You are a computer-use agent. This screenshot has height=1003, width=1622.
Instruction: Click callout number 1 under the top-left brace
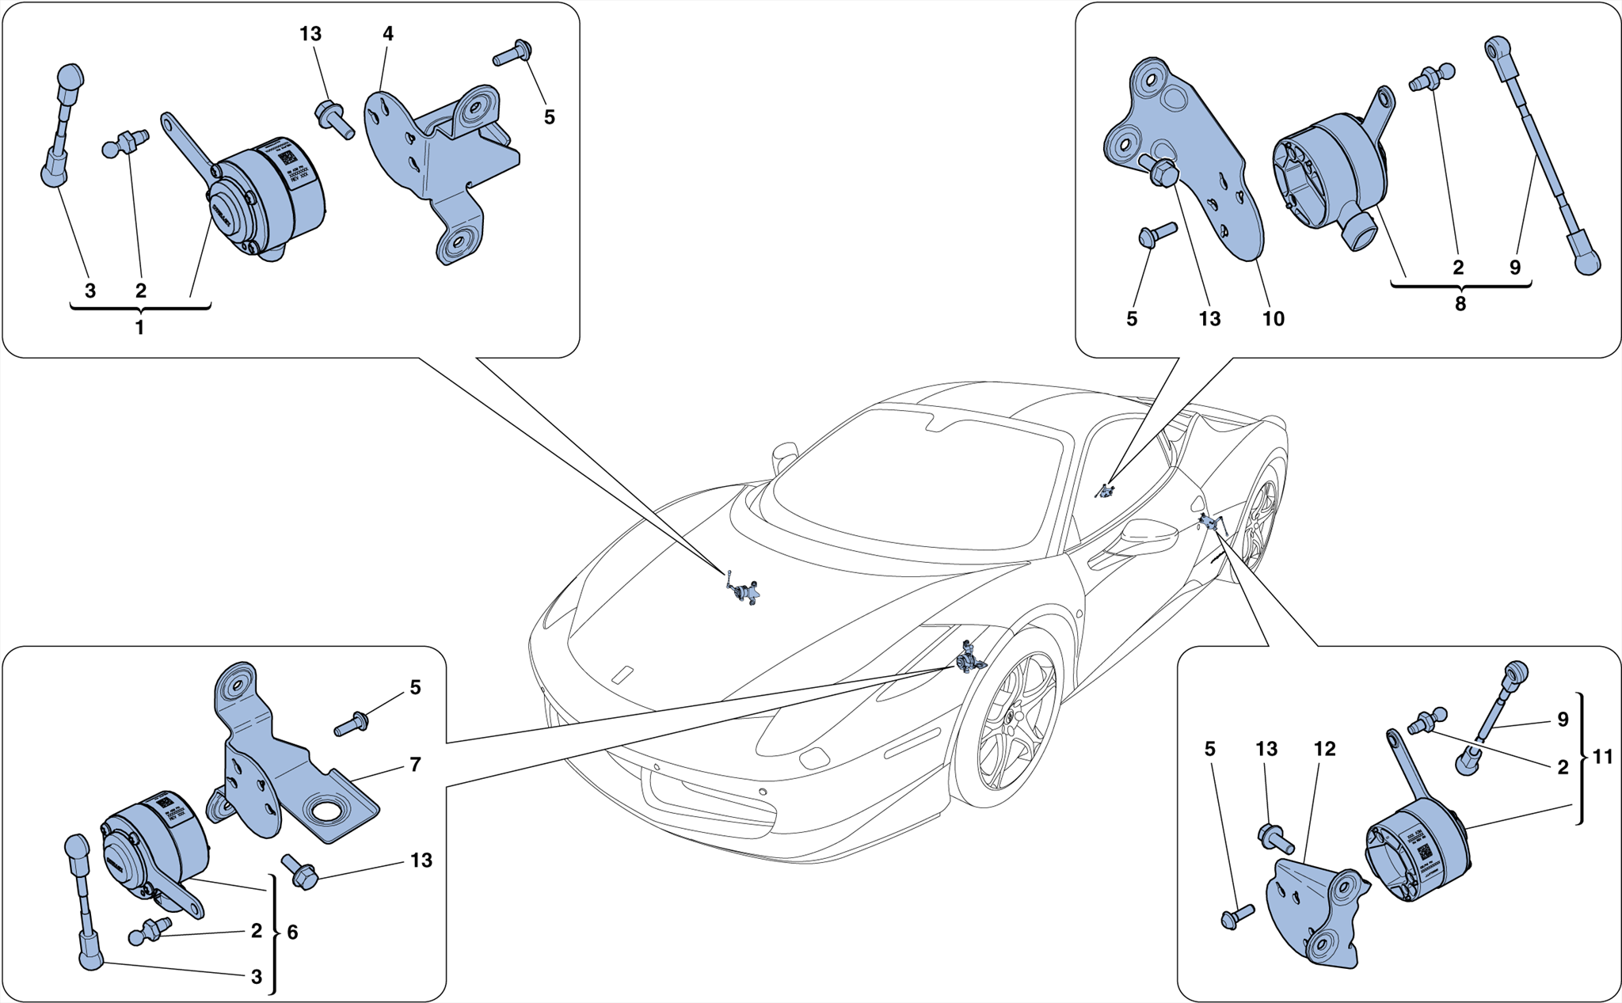coord(139,328)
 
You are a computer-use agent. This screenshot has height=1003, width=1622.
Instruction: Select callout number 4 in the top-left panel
coord(387,34)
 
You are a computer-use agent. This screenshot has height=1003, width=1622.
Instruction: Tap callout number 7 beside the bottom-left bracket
coord(415,765)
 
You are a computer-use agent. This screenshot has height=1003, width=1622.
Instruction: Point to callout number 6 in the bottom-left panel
coord(292,933)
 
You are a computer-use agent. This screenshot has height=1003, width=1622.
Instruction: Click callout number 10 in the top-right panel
coord(1273,319)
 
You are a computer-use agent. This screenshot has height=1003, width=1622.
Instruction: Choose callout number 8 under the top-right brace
coord(1460,304)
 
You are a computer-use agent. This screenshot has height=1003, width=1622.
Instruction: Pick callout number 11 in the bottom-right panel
coord(1602,758)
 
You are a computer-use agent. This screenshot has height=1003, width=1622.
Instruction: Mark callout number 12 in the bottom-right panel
coord(1324,749)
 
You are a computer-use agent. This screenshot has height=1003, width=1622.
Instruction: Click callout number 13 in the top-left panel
coord(310,34)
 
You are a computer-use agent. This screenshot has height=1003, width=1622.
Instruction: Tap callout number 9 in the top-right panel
coord(1514,268)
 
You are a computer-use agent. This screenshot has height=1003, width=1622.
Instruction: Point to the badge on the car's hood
coord(623,674)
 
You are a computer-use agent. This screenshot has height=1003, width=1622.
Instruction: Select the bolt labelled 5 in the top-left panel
coord(511,53)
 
